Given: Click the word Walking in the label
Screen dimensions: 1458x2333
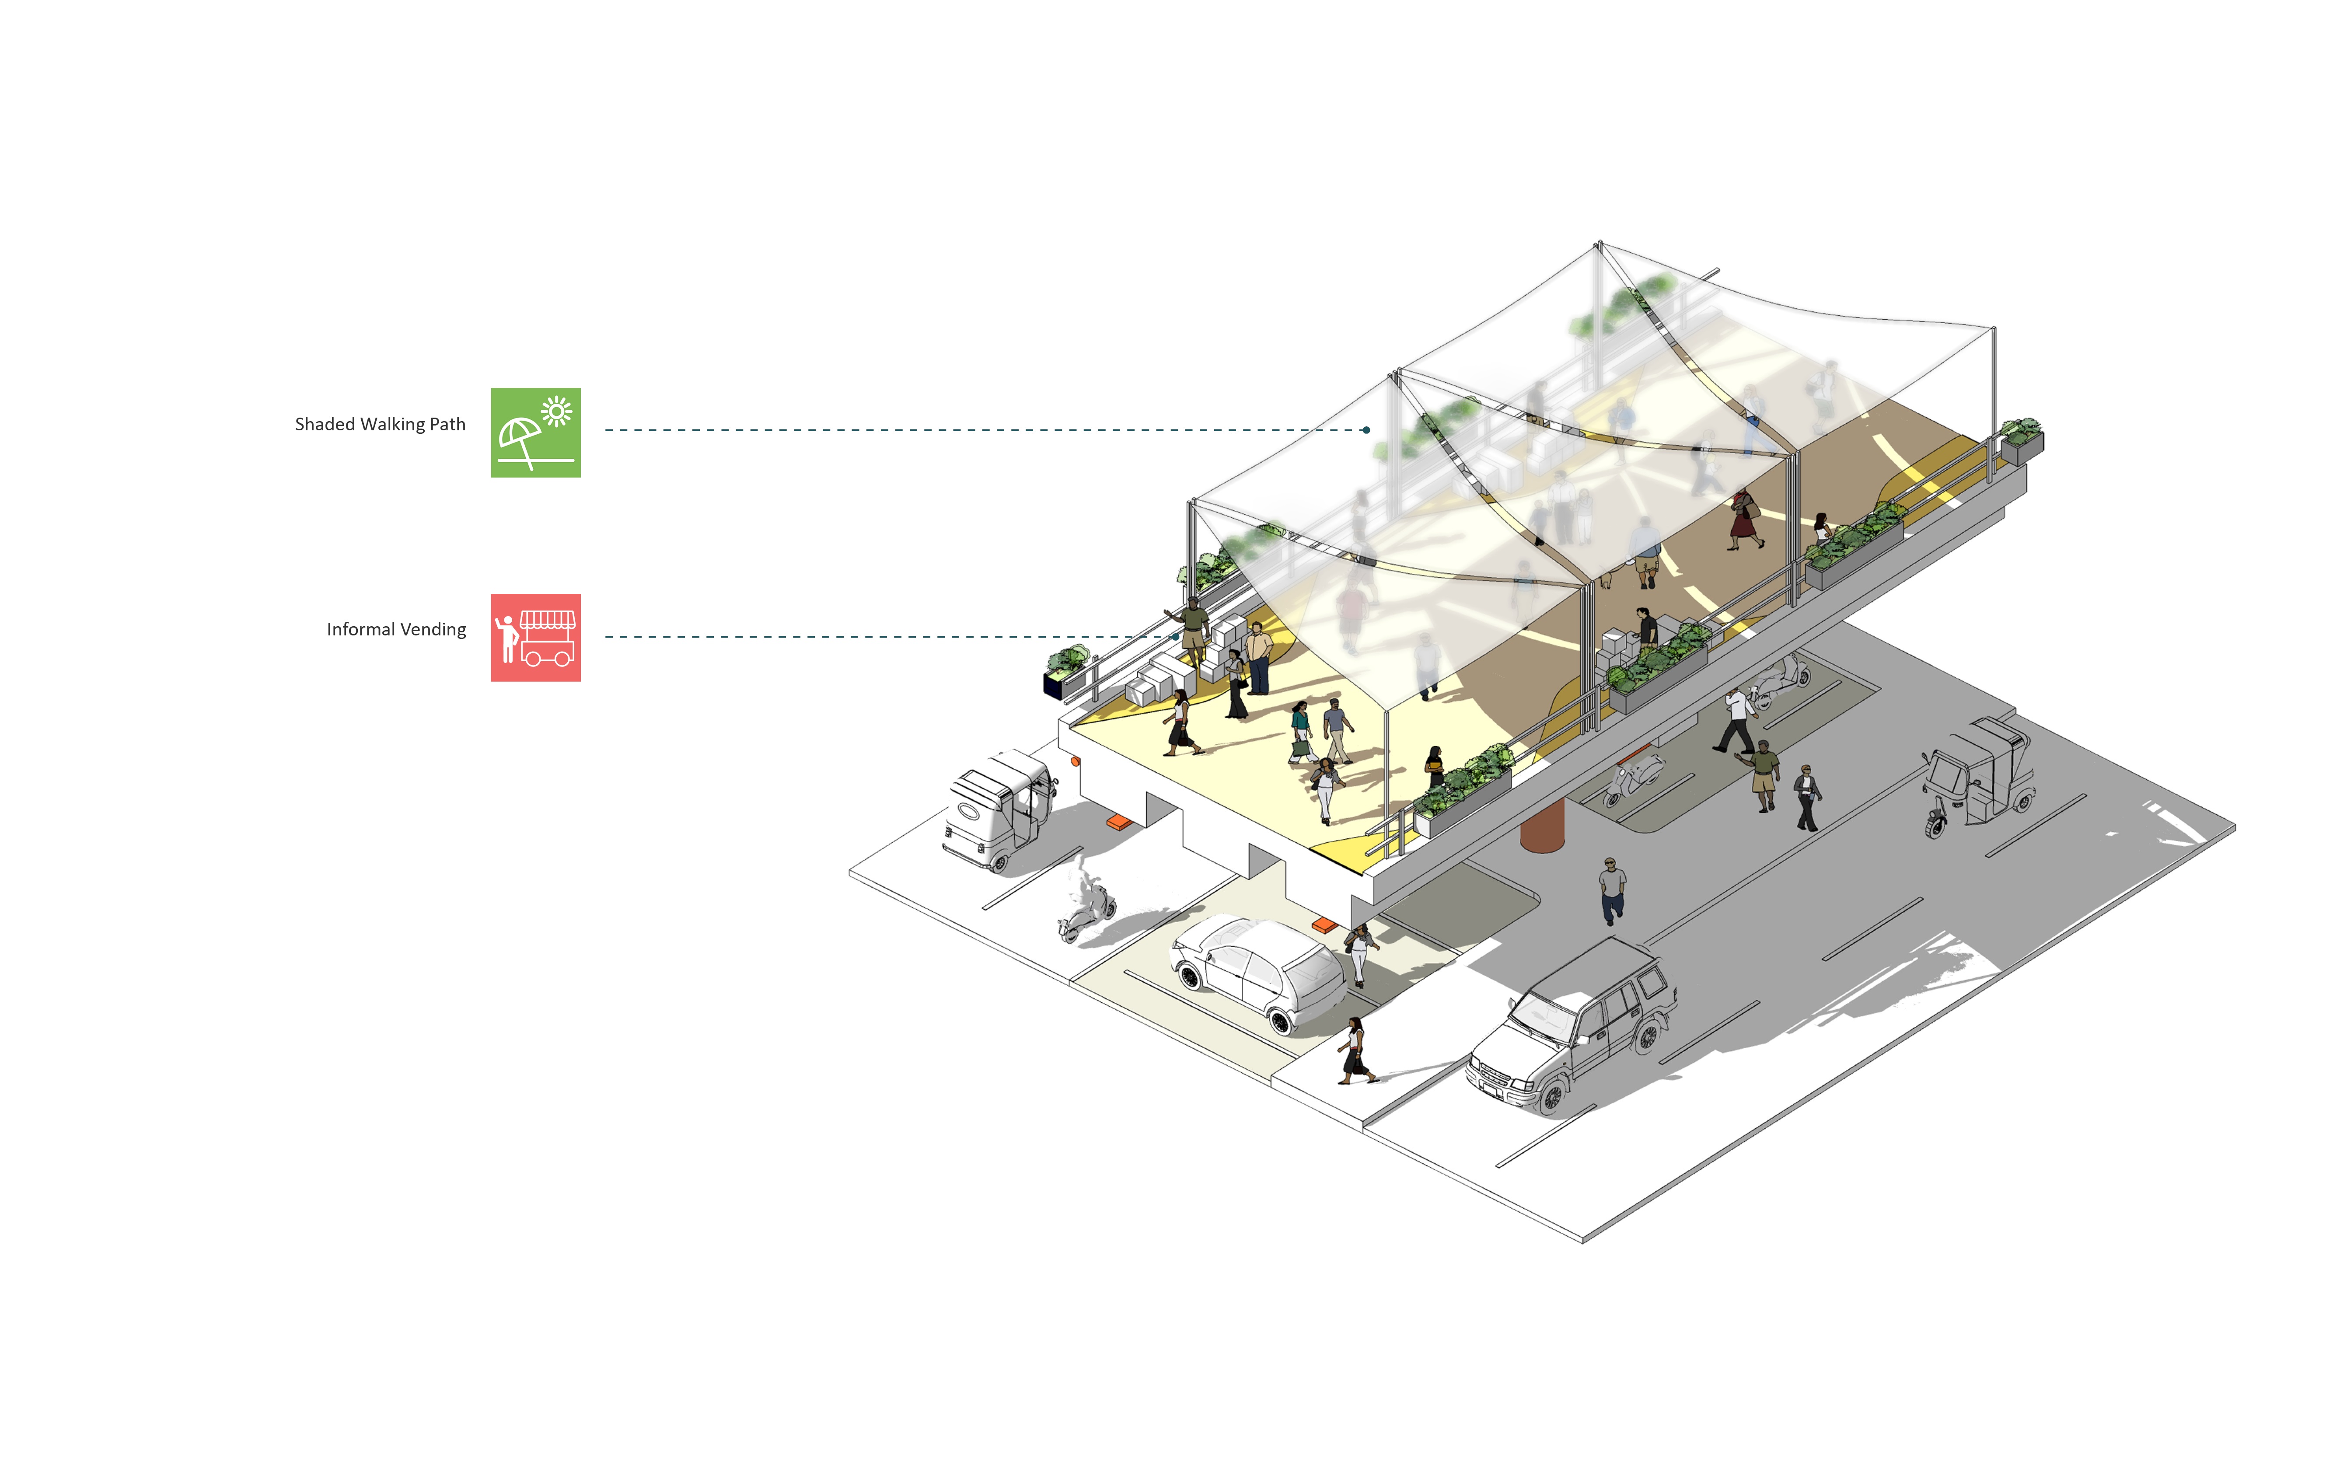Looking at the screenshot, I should click(391, 424).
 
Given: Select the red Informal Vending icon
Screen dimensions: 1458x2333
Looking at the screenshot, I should click(535, 638).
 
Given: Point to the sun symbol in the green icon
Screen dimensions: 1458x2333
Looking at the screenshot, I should click(556, 412).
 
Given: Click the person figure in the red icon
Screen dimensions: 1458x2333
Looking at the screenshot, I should click(506, 638).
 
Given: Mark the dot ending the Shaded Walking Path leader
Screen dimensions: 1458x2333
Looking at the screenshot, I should click(1367, 430).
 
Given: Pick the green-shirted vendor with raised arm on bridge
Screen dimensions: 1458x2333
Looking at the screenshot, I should click(1192, 627).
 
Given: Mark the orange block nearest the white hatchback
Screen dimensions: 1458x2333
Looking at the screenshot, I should click(1324, 926).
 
